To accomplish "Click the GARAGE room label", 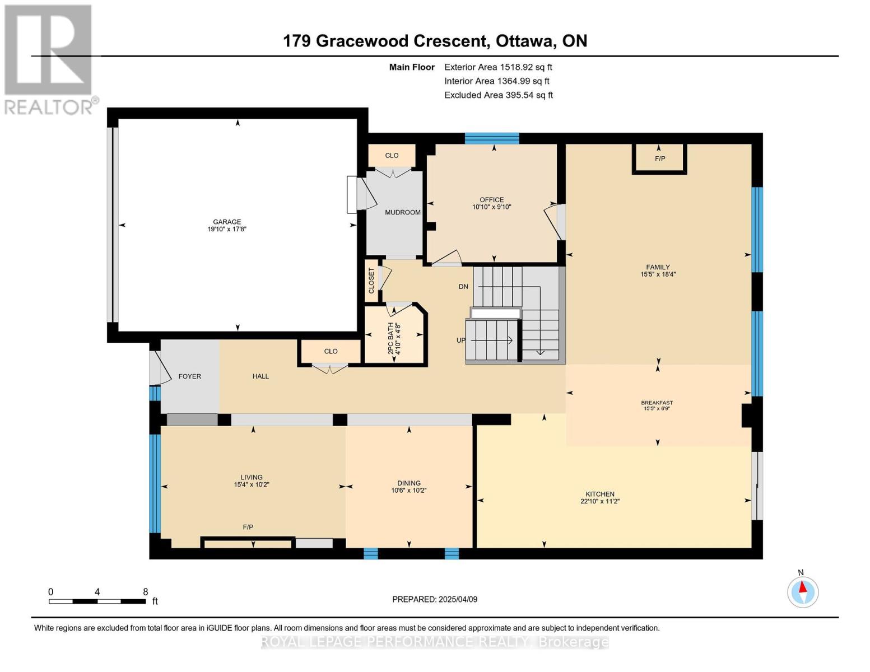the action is click(227, 221).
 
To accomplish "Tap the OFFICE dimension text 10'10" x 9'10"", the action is click(492, 207).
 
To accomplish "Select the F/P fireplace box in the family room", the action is click(659, 159).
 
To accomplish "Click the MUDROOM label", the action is click(402, 212).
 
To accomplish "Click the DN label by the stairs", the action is click(463, 287).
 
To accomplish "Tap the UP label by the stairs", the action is click(461, 340).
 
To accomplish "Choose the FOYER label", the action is click(190, 376).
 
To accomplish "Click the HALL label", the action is click(260, 376).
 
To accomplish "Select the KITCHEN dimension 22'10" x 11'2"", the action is click(600, 501).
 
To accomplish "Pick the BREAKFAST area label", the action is click(657, 403).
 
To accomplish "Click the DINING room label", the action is click(409, 483).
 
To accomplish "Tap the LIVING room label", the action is click(252, 477).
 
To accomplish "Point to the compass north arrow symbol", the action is click(802, 587).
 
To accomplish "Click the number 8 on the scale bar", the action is click(145, 591).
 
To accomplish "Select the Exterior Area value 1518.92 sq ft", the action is click(525, 67).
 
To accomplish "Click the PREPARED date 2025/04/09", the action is click(458, 599).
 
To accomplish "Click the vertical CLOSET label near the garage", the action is click(371, 281).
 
